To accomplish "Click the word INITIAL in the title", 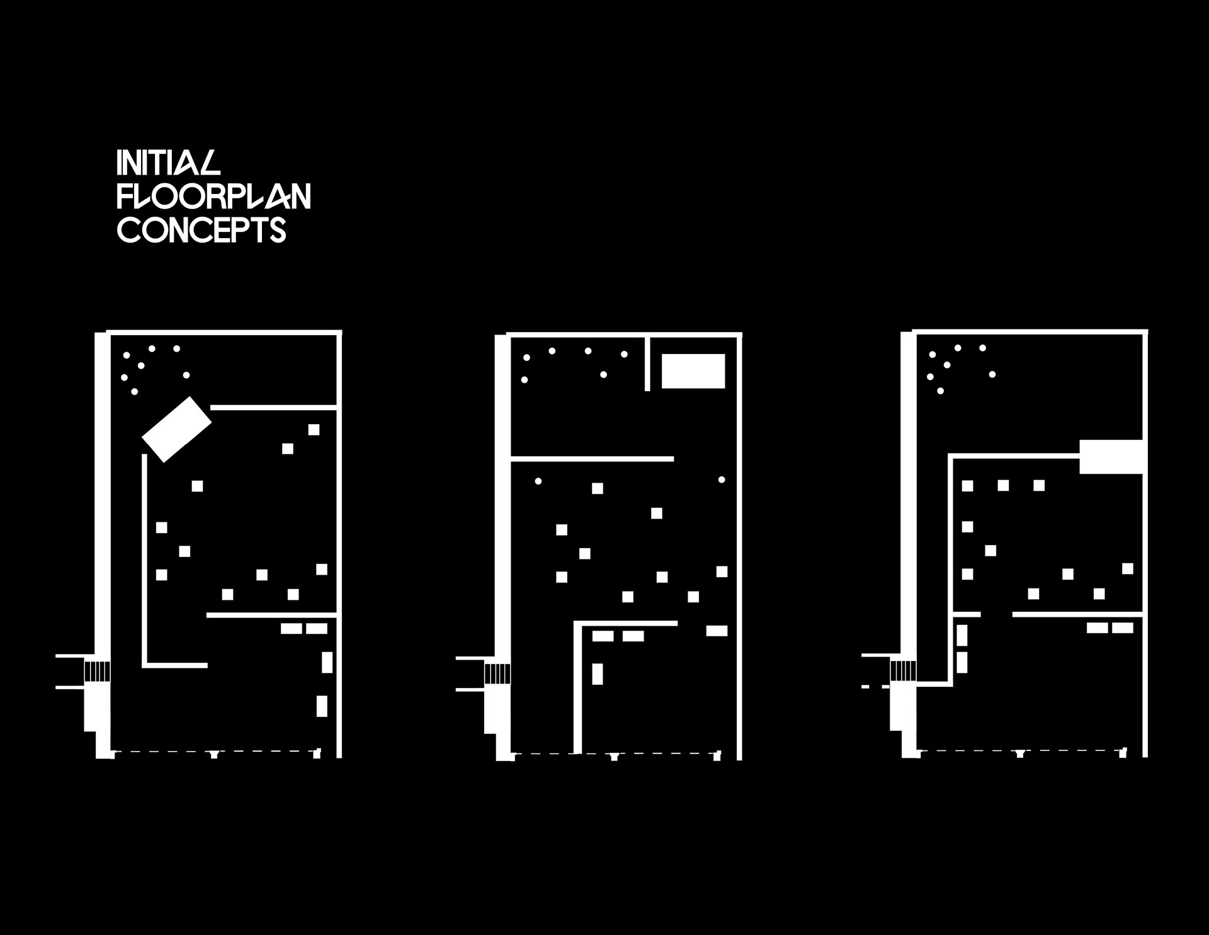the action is click(x=169, y=163).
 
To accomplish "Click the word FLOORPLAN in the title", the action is click(x=214, y=197).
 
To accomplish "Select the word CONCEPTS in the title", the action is click(x=202, y=231).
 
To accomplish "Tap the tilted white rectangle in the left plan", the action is click(x=176, y=429).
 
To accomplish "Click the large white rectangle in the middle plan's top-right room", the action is click(x=693, y=371).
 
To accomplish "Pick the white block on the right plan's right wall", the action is click(x=1111, y=457).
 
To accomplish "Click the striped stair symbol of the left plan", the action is click(x=97, y=670).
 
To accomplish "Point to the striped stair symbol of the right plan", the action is click(x=903, y=670).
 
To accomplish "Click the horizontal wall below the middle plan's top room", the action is click(x=592, y=459).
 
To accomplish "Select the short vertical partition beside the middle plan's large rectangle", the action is click(x=647, y=364).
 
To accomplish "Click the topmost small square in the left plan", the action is click(x=314, y=430).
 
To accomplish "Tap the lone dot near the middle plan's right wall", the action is click(x=722, y=479).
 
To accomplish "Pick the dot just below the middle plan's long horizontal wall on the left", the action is click(x=538, y=481).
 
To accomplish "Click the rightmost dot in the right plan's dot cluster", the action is click(x=992, y=374).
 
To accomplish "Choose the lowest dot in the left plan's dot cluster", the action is click(x=134, y=392).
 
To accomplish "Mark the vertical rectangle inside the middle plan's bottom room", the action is click(x=598, y=674).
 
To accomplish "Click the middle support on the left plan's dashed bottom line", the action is click(x=214, y=754).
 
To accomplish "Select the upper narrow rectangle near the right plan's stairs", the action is click(x=962, y=635).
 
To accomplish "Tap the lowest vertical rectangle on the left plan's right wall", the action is click(x=322, y=706).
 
